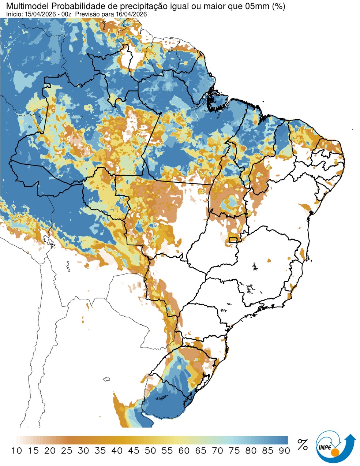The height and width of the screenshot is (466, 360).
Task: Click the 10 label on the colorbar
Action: click(16, 451)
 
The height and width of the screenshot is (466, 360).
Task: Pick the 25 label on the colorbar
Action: click(67, 451)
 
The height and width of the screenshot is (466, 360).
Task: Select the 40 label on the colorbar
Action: click(117, 451)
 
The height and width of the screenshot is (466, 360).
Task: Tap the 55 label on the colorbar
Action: click(167, 451)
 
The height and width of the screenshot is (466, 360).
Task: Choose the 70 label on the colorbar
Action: click(217, 451)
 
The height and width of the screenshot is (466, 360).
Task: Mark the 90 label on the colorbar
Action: click(284, 451)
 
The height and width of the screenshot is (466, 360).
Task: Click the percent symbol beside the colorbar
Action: click(302, 445)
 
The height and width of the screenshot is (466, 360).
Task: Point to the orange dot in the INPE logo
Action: click(335, 453)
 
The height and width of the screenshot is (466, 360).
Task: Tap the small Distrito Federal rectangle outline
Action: click(232, 240)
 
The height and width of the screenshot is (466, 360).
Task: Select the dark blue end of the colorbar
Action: click(284, 440)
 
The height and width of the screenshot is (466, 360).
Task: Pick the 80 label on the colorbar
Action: click(251, 451)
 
